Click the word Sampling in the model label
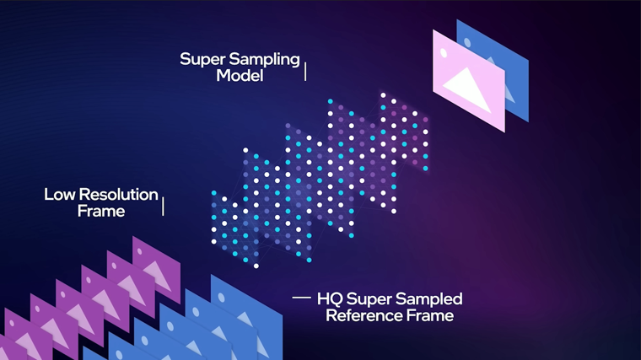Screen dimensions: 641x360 pyautogui.click(x=265, y=60)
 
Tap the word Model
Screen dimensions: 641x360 pyautogui.click(x=240, y=76)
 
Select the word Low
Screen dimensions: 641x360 pyautogui.click(x=60, y=195)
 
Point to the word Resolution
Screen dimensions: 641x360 pyautogui.click(x=119, y=195)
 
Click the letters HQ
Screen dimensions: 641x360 pyautogui.click(x=330, y=299)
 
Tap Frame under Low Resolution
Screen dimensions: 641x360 pyautogui.click(x=101, y=212)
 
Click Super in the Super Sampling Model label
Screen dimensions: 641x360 pyautogui.click(x=202, y=60)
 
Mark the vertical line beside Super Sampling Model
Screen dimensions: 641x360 pyautogui.click(x=305, y=72)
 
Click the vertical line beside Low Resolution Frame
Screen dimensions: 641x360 pyautogui.click(x=163, y=207)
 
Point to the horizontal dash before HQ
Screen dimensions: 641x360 pyautogui.click(x=302, y=298)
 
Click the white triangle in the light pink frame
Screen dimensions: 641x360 pyautogui.click(x=467, y=90)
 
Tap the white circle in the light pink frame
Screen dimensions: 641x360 pyautogui.click(x=444, y=53)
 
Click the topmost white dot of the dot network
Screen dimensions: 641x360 pyautogui.click(x=383, y=95)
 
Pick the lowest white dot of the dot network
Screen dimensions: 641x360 pyautogui.click(x=256, y=266)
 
